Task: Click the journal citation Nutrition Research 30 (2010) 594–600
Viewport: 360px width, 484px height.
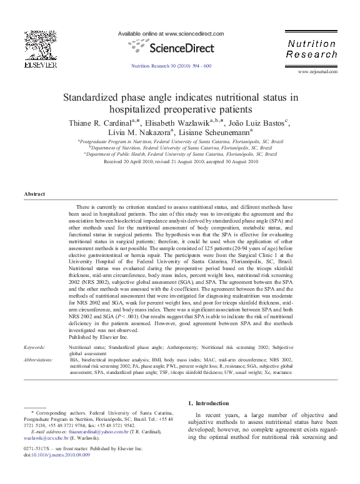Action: pyautogui.click(x=171, y=66)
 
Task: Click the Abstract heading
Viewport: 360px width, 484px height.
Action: pyautogui.click(x=34, y=194)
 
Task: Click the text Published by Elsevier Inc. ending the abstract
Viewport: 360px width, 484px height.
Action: pyautogui.click(x=98, y=336)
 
